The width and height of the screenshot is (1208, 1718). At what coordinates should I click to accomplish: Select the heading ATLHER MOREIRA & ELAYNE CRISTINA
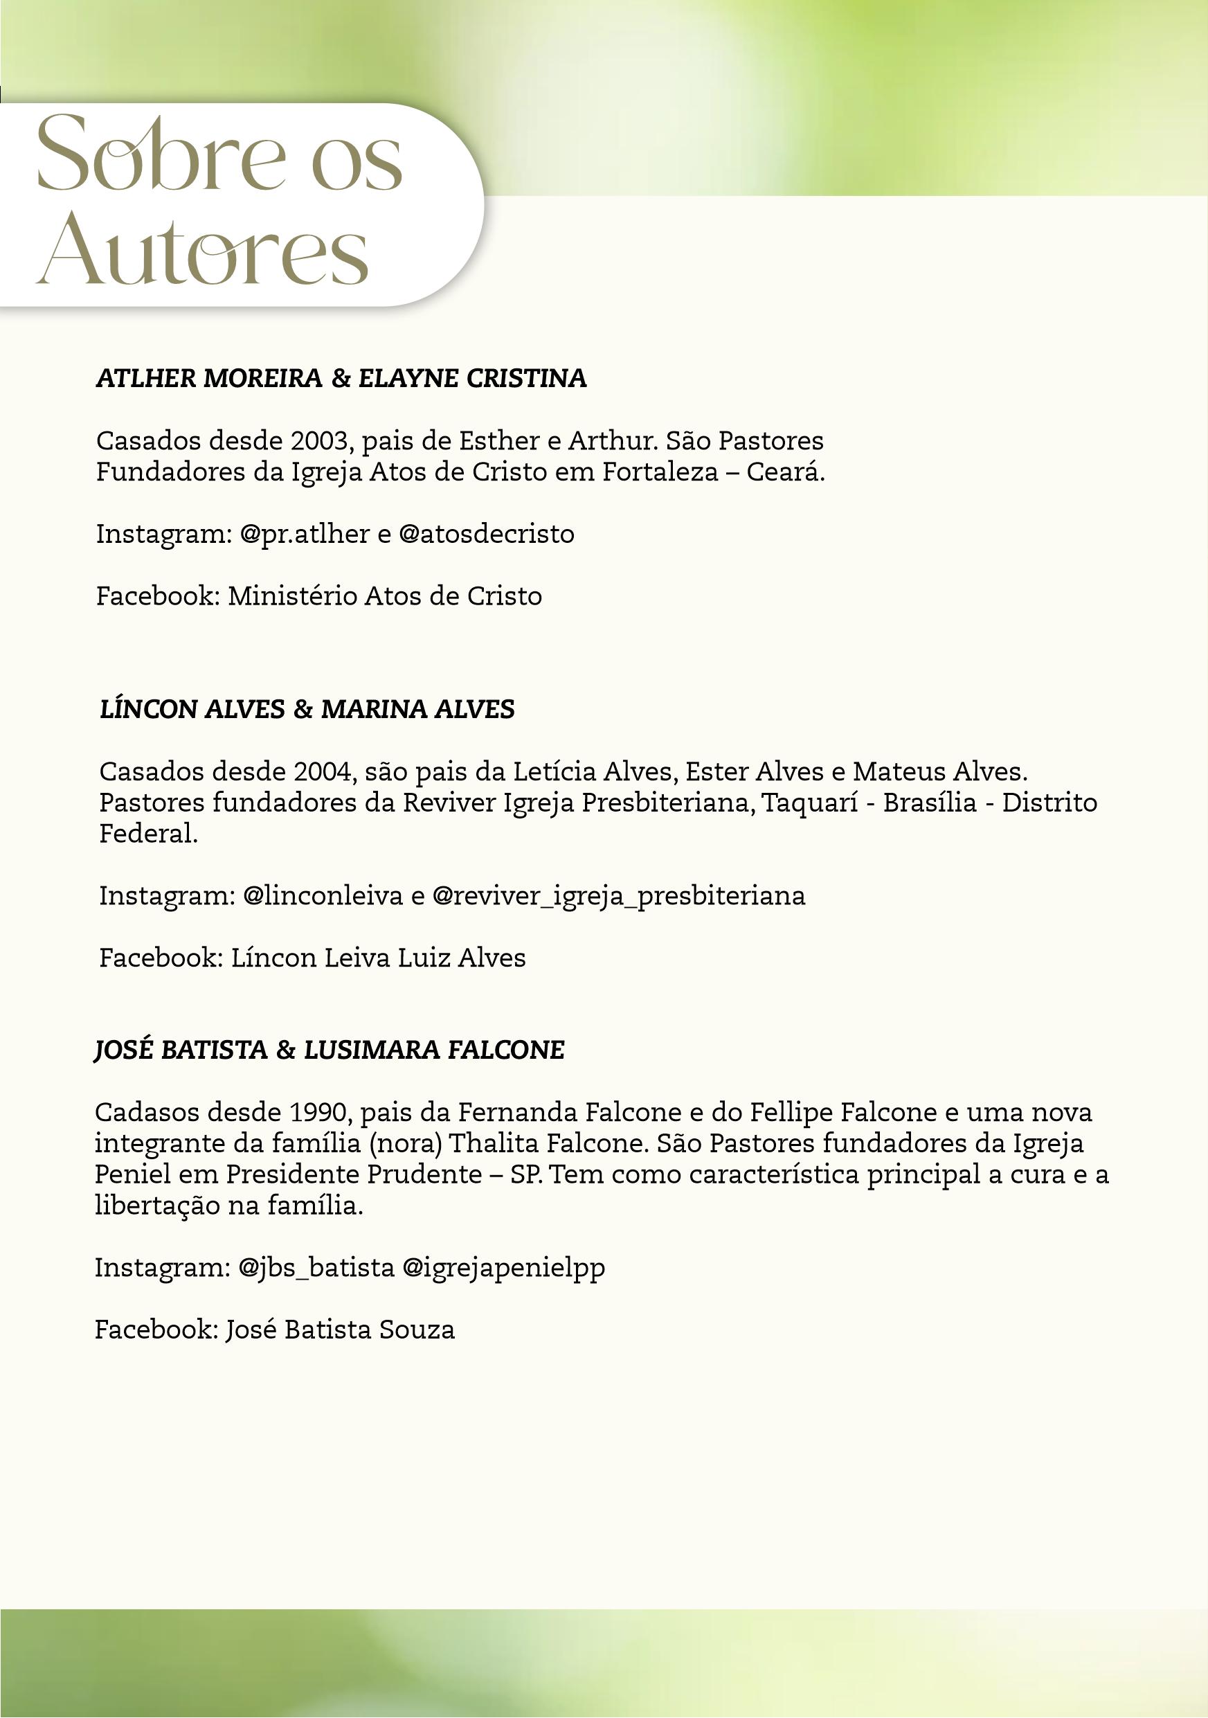point(341,379)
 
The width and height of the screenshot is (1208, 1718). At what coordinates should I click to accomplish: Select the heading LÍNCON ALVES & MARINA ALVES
point(307,709)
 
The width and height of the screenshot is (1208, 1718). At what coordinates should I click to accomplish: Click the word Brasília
point(930,803)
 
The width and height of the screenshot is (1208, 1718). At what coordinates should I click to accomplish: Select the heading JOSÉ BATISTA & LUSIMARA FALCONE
point(329,1050)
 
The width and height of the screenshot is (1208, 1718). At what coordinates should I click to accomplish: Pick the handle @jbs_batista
point(316,1267)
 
